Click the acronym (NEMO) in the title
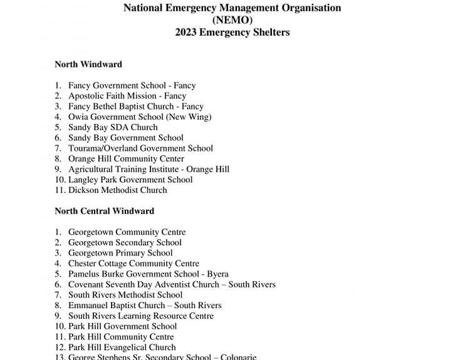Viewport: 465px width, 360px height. pyautogui.click(x=232, y=20)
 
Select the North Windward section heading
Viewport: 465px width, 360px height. pyautogui.click(x=88, y=64)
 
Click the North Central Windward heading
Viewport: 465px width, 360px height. pyautogui.click(x=104, y=210)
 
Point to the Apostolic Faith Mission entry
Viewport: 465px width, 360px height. pyautogui.click(x=127, y=96)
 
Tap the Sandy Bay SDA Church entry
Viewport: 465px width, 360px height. pyautogui.click(x=113, y=127)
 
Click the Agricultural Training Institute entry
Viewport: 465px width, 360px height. pyautogui.click(x=149, y=169)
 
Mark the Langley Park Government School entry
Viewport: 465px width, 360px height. pyautogui.click(x=130, y=180)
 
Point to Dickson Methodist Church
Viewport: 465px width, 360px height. pyautogui.click(x=118, y=190)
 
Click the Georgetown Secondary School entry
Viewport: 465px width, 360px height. pyautogui.click(x=125, y=242)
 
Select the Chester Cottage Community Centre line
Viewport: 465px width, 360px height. pyautogui.click(x=133, y=264)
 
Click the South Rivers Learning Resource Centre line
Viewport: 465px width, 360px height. pyautogui.click(x=140, y=316)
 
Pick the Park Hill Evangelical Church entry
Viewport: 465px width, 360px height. pyautogui.click(x=122, y=347)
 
